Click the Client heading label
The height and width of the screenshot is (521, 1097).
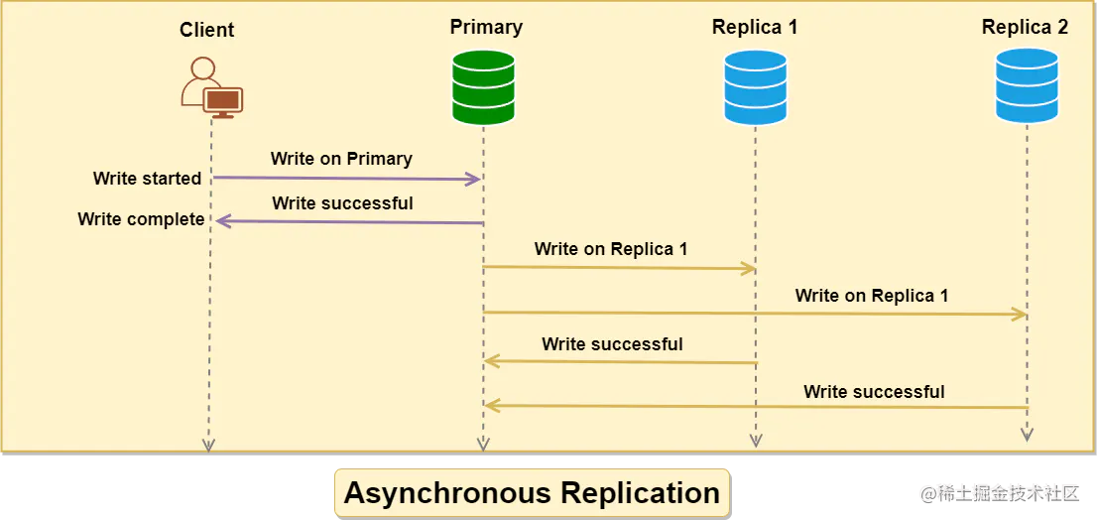207,30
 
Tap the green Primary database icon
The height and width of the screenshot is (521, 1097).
483,86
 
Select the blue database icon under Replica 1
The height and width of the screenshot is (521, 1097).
755,87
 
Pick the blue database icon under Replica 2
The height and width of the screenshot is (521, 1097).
1027,85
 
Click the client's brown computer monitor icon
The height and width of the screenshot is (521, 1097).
222,102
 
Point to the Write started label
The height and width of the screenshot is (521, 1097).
147,179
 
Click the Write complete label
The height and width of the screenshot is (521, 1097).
141,219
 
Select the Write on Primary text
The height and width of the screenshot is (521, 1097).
341,159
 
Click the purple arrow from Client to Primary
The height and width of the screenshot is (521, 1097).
347,179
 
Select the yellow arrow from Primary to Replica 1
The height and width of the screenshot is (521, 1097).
620,268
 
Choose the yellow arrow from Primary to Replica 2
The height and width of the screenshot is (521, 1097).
755,314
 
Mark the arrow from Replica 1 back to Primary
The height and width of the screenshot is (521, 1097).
621,362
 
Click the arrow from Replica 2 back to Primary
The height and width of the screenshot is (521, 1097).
756,406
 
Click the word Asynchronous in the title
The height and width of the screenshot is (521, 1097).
447,493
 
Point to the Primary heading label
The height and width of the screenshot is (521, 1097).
486,27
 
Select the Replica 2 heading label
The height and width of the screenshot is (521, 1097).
1025,27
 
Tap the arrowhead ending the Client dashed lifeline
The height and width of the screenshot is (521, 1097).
207,445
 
